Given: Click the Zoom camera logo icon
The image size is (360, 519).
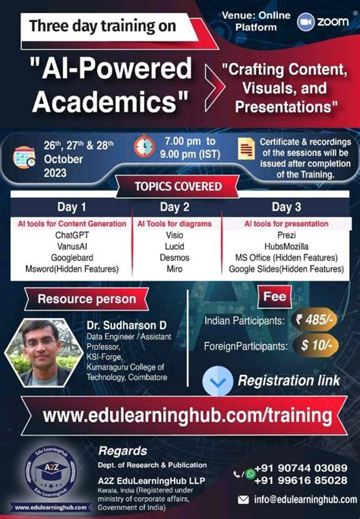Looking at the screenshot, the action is [305, 22].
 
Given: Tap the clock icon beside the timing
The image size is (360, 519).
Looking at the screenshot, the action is [144, 146].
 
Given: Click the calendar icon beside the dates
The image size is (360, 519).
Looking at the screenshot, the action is [24, 157].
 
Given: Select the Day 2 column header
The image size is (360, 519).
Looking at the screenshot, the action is [175, 207].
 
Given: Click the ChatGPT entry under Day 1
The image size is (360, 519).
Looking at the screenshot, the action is [72, 235].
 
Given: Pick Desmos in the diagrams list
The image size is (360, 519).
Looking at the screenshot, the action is [175, 257].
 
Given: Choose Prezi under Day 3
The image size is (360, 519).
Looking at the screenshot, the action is [286, 235].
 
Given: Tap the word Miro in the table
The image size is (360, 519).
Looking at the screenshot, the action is [175, 269].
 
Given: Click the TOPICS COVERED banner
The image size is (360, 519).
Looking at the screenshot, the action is [178, 187].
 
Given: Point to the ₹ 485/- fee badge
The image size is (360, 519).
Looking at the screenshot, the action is [314, 319].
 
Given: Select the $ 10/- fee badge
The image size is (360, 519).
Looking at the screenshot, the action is [316, 345].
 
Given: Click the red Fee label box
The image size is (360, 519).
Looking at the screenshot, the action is [274, 297].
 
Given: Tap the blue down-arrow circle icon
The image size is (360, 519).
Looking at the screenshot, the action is [217, 381].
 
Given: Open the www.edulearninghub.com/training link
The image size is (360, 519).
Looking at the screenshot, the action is [187, 415].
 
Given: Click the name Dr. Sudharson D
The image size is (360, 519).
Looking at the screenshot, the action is [127, 326].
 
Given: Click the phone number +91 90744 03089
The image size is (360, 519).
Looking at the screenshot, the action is [301, 468].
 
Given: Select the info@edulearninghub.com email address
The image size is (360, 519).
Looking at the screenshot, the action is [305, 499].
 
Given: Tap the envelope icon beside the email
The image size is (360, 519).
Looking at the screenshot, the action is [244, 499].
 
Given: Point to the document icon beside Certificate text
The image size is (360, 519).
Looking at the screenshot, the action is [246, 149].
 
